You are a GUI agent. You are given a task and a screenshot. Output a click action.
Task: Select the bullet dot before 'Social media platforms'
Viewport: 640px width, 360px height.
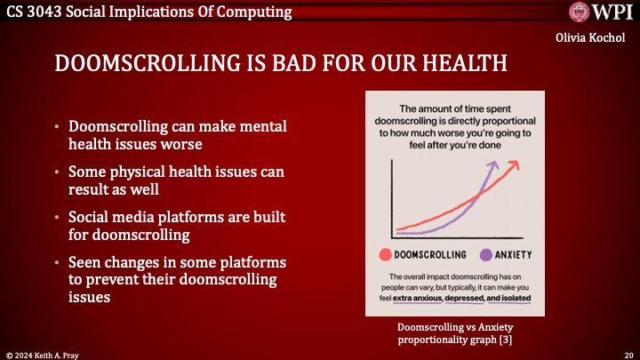click(x=59, y=217)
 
